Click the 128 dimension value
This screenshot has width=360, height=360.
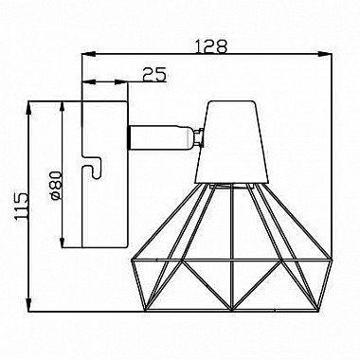[211, 46]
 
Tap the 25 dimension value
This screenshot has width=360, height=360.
[154, 75]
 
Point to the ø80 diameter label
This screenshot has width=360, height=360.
[55, 186]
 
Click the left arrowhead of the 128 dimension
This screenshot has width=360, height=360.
[89, 55]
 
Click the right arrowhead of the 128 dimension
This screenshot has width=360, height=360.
[325, 55]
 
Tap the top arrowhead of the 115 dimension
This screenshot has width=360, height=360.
[29, 108]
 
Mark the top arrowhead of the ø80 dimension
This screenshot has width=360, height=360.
[63, 108]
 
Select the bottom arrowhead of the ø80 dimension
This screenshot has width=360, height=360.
[63, 241]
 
